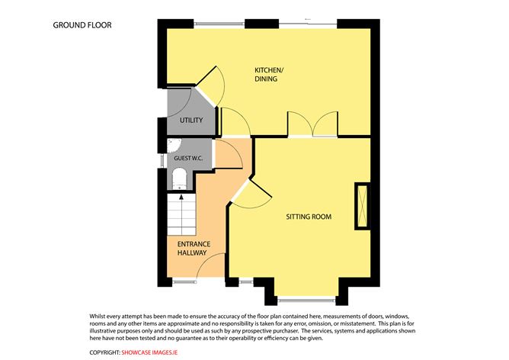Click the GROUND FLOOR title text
click(x=82, y=25)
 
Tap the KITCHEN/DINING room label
click(x=269, y=75)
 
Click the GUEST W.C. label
click(x=187, y=158)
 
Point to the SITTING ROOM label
click(x=309, y=217)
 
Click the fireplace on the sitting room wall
click(x=360, y=207)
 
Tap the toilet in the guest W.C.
click(x=181, y=179)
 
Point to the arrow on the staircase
click(x=181, y=201)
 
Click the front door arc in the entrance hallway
click(x=207, y=266)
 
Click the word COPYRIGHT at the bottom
click(x=104, y=352)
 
